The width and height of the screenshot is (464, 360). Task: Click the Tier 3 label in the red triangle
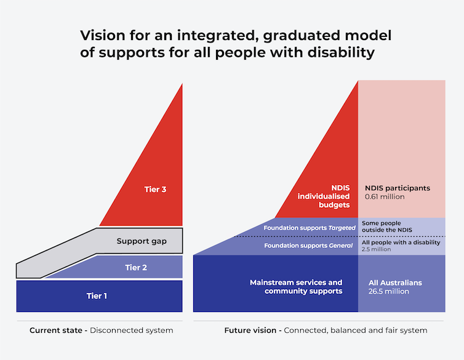tap(155, 190)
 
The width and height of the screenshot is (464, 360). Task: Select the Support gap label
tap(142, 241)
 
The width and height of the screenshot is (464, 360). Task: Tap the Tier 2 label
tap(137, 267)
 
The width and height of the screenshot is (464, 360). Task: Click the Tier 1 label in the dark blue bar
tap(97, 296)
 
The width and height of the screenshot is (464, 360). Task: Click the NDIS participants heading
tap(397, 188)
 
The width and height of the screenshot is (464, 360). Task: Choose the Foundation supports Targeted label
tap(310, 228)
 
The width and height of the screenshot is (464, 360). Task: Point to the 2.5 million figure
tap(376, 249)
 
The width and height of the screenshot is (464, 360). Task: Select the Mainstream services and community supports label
tap(295, 287)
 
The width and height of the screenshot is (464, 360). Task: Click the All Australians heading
tap(395, 282)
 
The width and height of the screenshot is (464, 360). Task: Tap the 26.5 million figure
tap(388, 291)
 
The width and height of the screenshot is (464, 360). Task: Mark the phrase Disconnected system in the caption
tap(131, 330)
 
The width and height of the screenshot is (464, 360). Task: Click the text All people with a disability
tap(401, 242)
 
